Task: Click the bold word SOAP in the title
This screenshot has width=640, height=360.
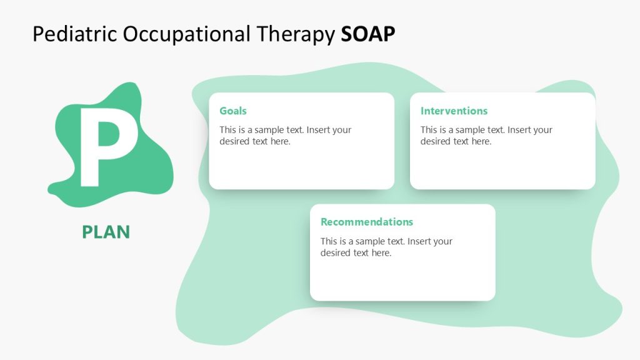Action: pyautogui.click(x=368, y=34)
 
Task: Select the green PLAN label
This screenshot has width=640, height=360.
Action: pyautogui.click(x=106, y=232)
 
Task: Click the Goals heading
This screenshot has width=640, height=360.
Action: pyautogui.click(x=233, y=111)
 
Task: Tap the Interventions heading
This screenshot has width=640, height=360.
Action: pyautogui.click(x=454, y=111)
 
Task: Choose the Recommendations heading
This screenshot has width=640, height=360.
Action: pyautogui.click(x=367, y=222)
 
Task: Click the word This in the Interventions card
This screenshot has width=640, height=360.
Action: pyautogui.click(x=430, y=130)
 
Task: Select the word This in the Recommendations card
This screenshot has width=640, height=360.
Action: pyautogui.click(x=330, y=241)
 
